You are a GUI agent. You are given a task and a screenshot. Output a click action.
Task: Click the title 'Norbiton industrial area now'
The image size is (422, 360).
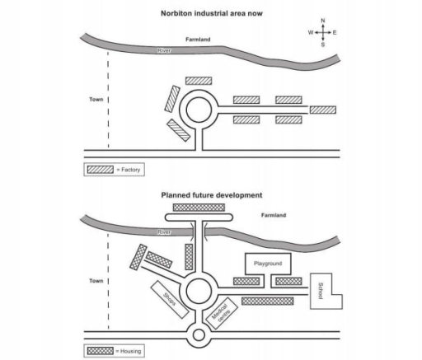[211, 14]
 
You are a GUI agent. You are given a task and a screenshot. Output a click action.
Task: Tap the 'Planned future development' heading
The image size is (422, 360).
[211, 195]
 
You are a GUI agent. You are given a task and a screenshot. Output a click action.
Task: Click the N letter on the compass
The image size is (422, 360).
[322, 20]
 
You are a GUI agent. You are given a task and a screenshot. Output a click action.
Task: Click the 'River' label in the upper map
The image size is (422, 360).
[165, 51]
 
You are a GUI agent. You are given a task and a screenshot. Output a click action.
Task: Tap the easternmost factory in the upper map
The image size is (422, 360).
[322, 110]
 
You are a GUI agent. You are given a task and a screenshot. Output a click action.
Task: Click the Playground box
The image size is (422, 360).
[269, 263]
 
